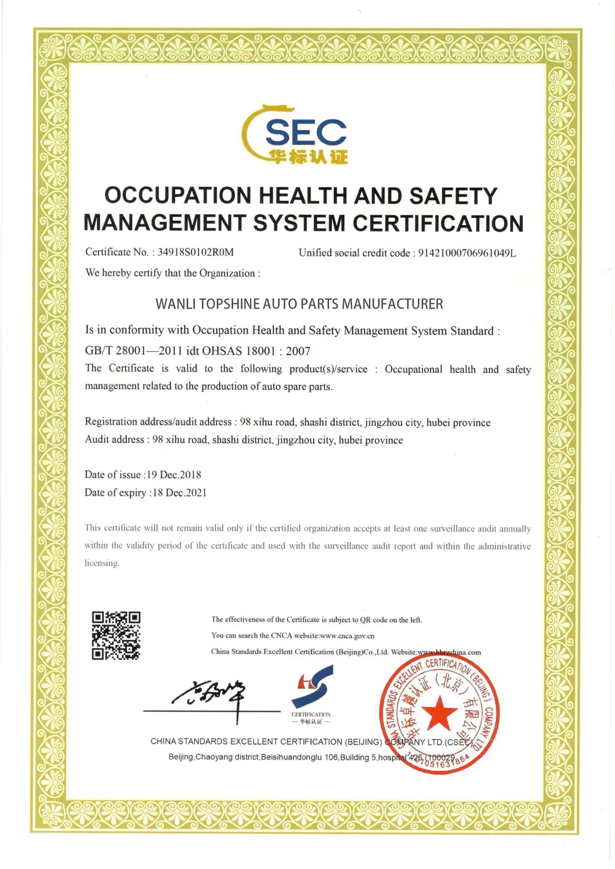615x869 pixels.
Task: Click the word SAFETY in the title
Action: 453,195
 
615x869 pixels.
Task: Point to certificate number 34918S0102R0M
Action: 196,252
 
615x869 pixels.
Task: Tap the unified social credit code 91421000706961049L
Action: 467,253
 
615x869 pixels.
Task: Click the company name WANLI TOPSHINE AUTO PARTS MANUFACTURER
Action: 299,304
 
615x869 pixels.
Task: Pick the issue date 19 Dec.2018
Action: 173,475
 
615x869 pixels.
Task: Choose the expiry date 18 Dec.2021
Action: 179,493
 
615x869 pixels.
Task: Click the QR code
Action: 116,635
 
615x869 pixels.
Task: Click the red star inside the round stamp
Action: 439,713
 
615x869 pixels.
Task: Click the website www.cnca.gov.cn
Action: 347,636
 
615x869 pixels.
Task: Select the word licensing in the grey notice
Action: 102,563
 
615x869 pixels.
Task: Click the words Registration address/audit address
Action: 158,422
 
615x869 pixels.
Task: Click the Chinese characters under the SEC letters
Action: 308,157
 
